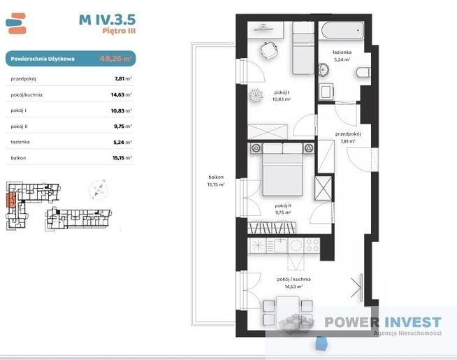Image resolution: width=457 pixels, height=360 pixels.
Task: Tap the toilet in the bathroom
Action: [x=363, y=72]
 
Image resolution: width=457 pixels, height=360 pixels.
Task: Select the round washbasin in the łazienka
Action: [x=324, y=69]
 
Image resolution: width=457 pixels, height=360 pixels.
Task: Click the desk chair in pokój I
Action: [x=269, y=50]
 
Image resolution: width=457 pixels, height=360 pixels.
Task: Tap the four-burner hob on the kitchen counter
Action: [x=312, y=245]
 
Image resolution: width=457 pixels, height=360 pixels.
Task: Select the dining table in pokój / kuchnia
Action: [x=288, y=311]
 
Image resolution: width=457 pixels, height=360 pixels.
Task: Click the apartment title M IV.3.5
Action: [x=107, y=20]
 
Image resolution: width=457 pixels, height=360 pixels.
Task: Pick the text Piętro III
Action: [x=119, y=31]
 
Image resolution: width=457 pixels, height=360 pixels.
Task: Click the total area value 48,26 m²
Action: [x=115, y=59]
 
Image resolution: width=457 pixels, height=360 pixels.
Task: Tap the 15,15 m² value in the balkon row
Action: [x=122, y=158]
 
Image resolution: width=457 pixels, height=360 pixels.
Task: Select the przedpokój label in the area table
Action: [x=24, y=79]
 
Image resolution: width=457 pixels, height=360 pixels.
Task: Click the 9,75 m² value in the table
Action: [x=123, y=127]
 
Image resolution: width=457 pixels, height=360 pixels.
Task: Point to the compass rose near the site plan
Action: [x=99, y=190]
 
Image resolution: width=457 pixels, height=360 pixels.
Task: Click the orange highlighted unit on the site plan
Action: [x=11, y=200]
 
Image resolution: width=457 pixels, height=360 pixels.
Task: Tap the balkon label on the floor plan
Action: [x=216, y=178]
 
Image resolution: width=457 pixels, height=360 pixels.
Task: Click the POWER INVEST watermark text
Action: [x=383, y=322]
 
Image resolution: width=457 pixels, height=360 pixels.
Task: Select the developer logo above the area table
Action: [x=16, y=23]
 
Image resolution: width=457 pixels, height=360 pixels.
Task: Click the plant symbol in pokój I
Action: [x=256, y=95]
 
